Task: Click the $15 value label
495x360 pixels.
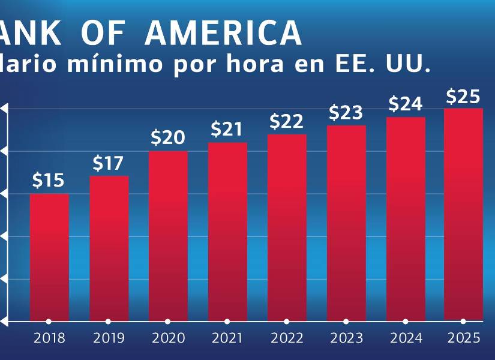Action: [48, 181]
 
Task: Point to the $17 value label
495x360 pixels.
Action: [108, 163]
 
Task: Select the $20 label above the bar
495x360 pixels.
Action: [168, 138]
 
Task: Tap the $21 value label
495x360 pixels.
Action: [227, 129]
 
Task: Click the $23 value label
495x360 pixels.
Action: [346, 112]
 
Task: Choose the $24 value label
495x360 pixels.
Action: [406, 104]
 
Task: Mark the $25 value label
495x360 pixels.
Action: [463, 96]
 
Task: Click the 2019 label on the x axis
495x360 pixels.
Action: [109, 338]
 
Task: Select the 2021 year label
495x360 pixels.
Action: [227, 338]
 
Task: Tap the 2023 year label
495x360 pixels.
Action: [346, 338]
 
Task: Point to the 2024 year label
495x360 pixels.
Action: [406, 338]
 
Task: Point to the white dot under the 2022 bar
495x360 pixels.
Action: [287, 322]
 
